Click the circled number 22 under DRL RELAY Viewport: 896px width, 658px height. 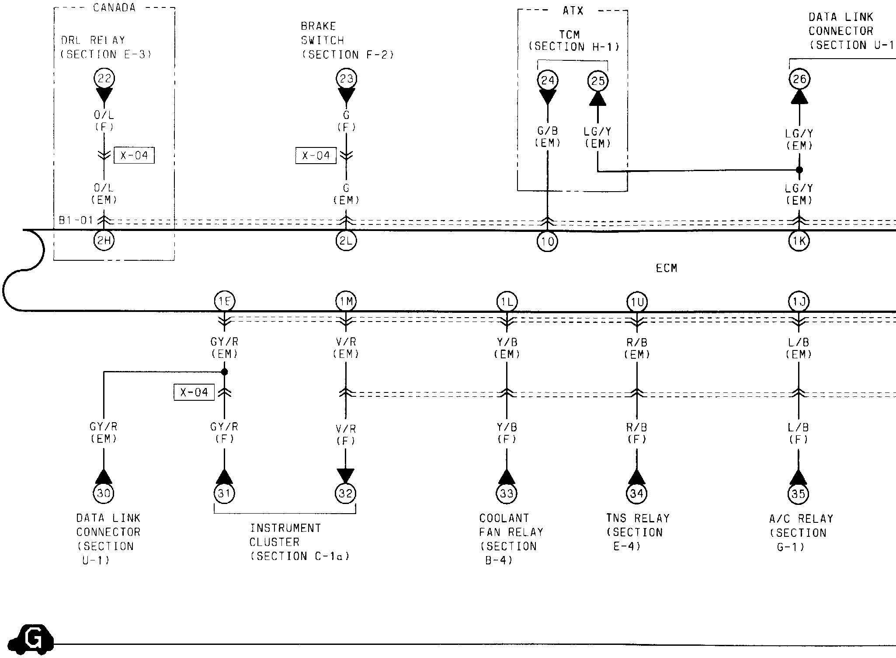coord(104,79)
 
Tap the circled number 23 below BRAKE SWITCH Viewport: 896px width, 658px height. coord(346,79)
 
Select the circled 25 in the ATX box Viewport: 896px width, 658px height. coord(597,81)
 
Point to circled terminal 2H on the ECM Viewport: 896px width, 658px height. coord(104,240)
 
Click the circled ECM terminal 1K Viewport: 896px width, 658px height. coord(799,241)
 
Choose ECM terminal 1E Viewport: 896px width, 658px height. coord(224,301)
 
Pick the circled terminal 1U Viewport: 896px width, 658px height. coord(636,302)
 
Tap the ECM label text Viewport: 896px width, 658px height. coord(666,268)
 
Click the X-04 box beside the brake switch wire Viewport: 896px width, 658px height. coord(316,155)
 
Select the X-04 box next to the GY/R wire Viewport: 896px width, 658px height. coord(194,392)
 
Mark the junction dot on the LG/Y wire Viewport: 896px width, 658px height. coord(799,170)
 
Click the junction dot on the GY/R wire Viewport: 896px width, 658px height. coord(224,372)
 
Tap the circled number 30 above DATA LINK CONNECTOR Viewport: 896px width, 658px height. coord(104,493)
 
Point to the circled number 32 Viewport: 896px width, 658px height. coord(346,493)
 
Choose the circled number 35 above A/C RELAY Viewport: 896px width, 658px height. coord(798,494)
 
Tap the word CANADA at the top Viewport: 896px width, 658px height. coord(114,8)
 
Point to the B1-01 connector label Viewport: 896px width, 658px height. coord(76,220)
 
